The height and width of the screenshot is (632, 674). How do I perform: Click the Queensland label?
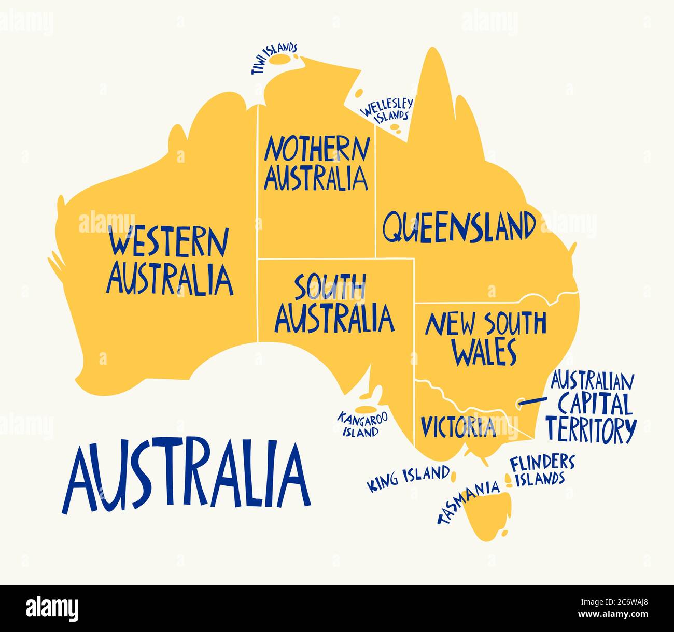point(459,227)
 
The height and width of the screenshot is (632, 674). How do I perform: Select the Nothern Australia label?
point(317,163)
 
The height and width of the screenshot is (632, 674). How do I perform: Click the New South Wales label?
point(485,338)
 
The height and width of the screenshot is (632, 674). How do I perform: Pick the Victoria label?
point(458,426)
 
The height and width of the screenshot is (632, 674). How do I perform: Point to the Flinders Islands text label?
point(542,470)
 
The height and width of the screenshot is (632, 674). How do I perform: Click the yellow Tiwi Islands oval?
point(283,60)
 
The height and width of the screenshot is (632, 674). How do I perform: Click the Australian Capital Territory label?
point(591,407)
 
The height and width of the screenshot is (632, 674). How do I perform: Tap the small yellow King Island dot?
point(454,475)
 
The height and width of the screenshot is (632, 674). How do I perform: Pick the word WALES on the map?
point(485,352)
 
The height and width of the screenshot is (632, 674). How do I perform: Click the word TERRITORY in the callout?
point(591,429)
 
